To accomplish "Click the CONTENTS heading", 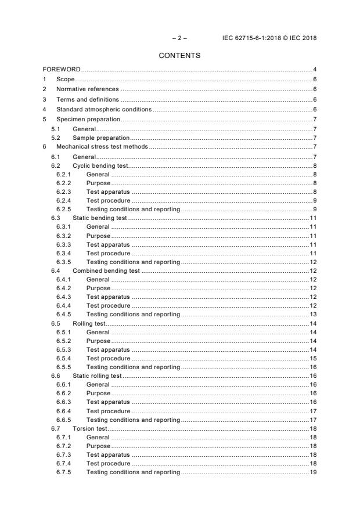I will tap(179, 56).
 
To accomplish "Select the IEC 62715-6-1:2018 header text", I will tap(270, 38).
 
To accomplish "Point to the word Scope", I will tap(66, 80).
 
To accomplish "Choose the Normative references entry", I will tap(87, 89).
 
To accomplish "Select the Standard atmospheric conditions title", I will tap(103, 109).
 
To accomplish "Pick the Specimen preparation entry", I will tap(88, 119).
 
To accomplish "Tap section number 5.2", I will tap(56, 138).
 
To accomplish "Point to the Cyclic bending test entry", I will tap(100, 166).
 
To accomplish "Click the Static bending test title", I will tap(99, 218).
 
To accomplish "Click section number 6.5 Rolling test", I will tap(56, 323).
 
